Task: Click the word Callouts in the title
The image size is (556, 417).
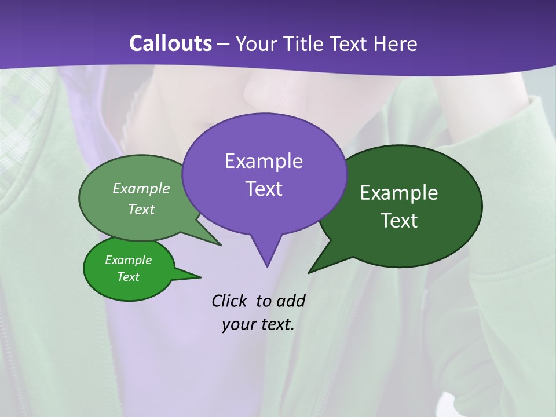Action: tap(170, 43)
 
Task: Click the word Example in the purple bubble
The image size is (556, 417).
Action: tap(264, 161)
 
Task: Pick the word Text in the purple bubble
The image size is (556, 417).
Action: tap(264, 189)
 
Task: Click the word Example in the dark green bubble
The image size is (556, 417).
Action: tap(399, 193)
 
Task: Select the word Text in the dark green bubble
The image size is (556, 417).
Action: tap(399, 221)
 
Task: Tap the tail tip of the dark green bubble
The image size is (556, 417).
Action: tap(309, 272)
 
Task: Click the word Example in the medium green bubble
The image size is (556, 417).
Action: tap(141, 188)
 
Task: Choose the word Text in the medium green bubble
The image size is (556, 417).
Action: tap(141, 209)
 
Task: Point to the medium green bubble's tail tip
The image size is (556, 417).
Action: tap(221, 245)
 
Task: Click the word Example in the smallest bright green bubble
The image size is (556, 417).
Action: tap(128, 260)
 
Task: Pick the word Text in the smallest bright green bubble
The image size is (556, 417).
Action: tap(128, 277)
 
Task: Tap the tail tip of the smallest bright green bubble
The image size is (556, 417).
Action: tap(200, 276)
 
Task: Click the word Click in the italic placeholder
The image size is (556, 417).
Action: tap(229, 301)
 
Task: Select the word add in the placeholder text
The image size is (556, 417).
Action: tap(290, 301)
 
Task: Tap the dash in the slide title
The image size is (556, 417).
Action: tap(224, 44)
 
